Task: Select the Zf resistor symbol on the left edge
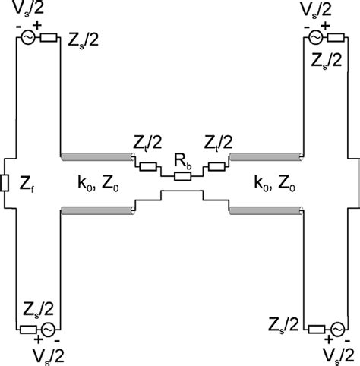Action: coord(6,183)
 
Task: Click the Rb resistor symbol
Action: coord(182,176)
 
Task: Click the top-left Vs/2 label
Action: coord(33,10)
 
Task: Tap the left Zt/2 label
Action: coord(145,144)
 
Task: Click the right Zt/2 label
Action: coord(218,144)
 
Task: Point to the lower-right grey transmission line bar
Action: coord(267,210)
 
